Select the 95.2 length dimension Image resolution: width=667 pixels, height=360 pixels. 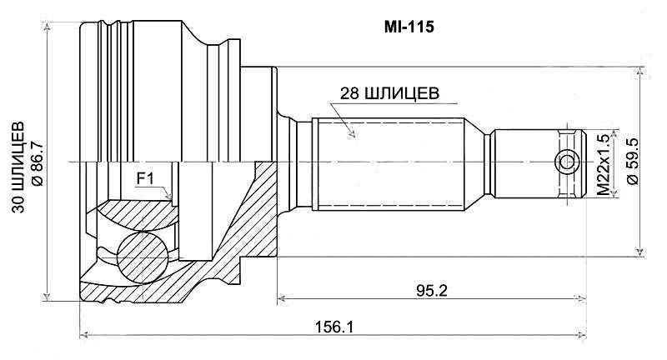pos(429,289)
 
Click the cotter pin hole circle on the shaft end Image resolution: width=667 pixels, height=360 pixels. pos(567,161)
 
